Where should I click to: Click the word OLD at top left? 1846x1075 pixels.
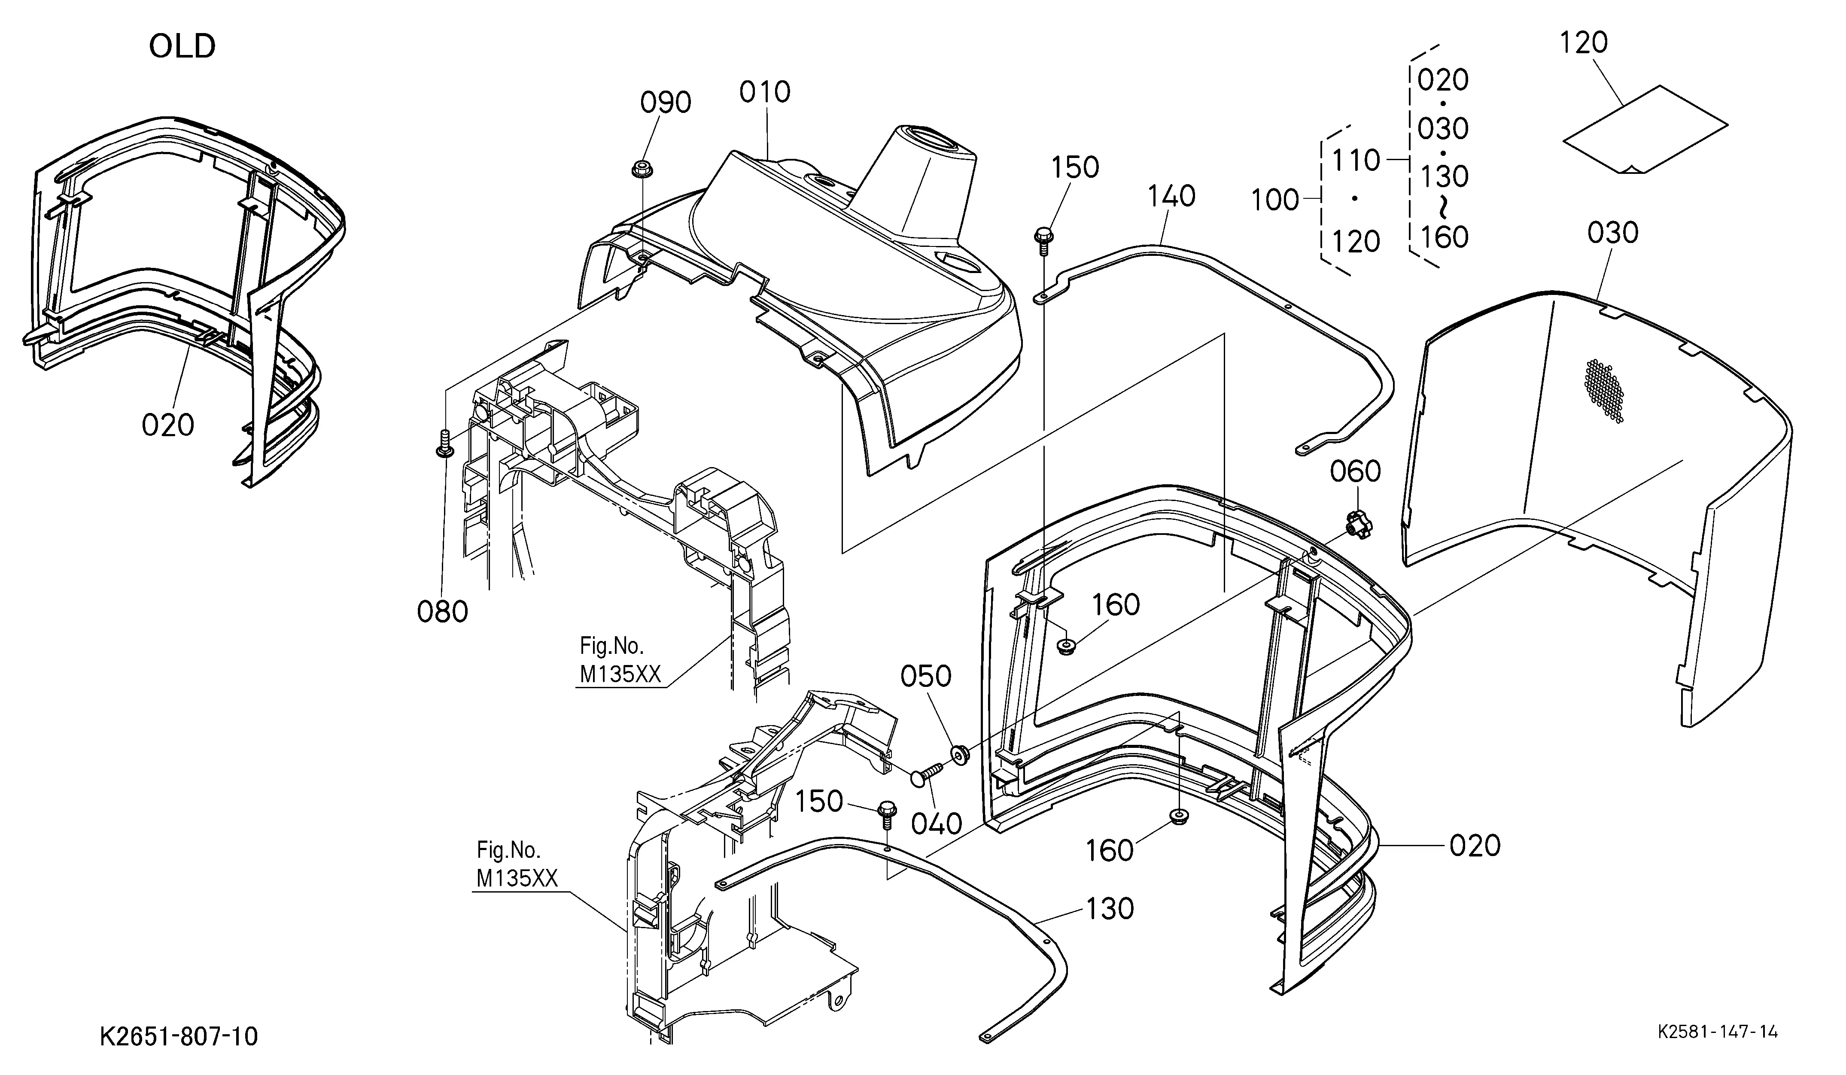(182, 46)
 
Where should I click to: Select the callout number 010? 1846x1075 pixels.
(765, 92)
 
